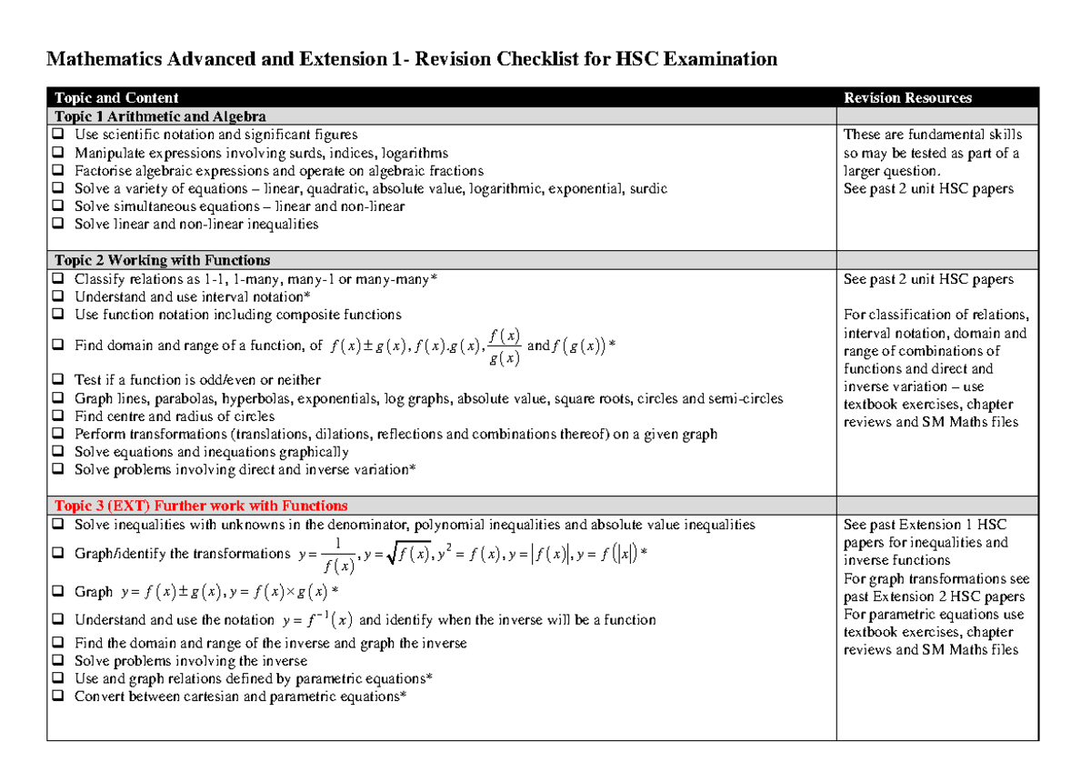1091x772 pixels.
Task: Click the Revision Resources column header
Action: coord(907,98)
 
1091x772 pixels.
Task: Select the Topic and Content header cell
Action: coord(116,98)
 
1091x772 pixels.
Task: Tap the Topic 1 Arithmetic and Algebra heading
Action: coord(160,116)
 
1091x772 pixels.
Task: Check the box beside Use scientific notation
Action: coord(58,135)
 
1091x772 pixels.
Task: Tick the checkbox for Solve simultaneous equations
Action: coord(58,206)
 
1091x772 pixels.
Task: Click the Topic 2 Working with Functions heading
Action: coord(162,260)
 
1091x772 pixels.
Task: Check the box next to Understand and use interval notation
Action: coord(58,297)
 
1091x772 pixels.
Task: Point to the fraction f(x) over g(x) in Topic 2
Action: coord(504,346)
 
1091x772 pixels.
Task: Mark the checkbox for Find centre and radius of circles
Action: coord(58,416)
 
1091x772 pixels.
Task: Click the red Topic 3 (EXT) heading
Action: coord(201,506)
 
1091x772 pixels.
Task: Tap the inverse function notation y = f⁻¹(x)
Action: coord(317,620)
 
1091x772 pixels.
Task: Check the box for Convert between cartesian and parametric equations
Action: coord(58,697)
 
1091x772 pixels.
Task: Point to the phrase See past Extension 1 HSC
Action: coord(925,525)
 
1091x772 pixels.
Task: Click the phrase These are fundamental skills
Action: coord(933,135)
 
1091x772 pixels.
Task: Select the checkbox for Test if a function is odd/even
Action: coord(58,380)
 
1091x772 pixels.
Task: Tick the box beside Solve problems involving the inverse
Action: coord(58,661)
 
